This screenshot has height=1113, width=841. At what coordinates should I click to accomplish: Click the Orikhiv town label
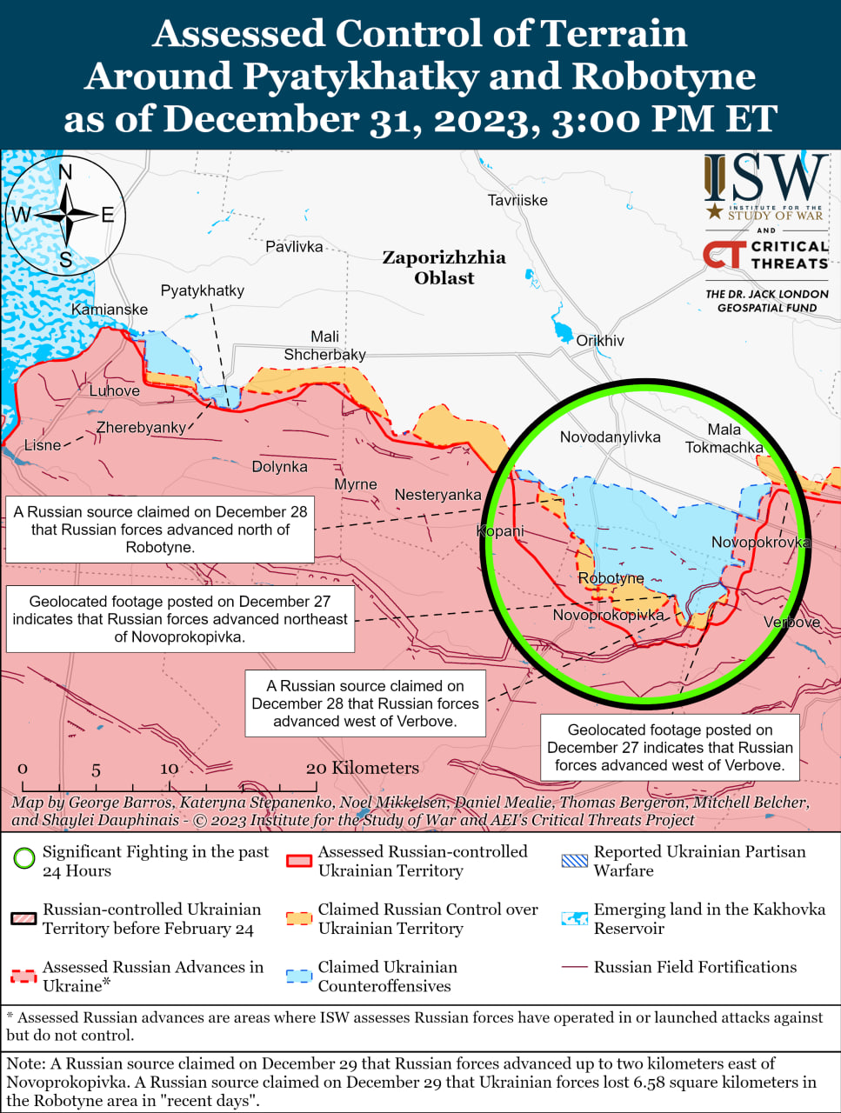click(600, 341)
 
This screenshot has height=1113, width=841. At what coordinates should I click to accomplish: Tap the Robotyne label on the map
click(611, 578)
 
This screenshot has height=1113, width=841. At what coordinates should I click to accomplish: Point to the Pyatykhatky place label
click(203, 290)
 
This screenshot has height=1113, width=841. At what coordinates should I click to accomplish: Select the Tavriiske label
click(517, 200)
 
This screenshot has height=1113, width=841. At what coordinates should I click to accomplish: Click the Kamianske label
click(110, 310)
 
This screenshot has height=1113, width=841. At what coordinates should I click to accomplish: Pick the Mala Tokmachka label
click(724, 438)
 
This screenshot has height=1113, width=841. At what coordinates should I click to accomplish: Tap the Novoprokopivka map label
click(608, 615)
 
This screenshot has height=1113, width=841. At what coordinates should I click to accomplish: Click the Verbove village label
click(791, 623)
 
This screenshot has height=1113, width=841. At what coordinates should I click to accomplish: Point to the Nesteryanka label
click(437, 495)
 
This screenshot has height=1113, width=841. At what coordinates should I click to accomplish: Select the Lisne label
click(43, 445)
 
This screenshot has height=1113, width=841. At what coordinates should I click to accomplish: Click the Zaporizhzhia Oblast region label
click(444, 268)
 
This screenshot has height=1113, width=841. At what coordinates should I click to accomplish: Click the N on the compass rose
click(65, 172)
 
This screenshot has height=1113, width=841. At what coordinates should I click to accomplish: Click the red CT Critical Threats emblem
click(724, 254)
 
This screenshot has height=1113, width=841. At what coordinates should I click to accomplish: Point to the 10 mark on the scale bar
click(169, 769)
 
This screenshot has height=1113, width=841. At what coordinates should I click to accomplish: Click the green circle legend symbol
click(24, 859)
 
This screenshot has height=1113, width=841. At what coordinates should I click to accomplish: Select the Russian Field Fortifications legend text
click(695, 967)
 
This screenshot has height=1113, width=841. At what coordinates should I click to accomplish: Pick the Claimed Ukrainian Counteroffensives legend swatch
click(299, 976)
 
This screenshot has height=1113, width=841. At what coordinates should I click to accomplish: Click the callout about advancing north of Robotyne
click(160, 530)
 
